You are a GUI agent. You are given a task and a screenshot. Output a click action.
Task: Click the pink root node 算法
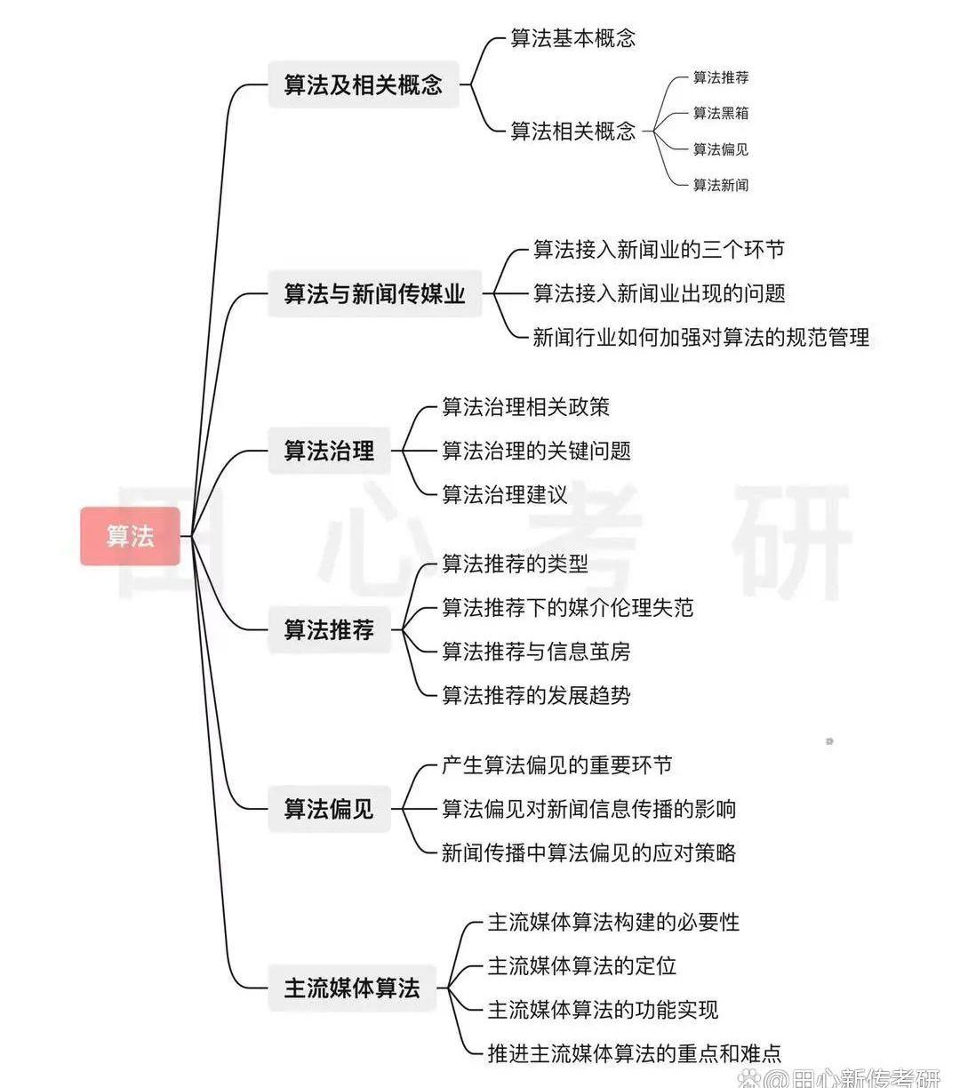point(130,536)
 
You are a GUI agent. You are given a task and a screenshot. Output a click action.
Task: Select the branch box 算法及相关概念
point(364,84)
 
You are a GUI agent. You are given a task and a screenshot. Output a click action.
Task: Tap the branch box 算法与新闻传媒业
point(375,293)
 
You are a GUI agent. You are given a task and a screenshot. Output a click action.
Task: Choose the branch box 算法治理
point(329,451)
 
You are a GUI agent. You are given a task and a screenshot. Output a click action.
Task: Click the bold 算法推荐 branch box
point(329,629)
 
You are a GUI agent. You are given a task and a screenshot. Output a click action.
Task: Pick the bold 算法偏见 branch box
point(329,809)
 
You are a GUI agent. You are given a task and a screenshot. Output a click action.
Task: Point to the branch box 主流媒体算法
point(352,988)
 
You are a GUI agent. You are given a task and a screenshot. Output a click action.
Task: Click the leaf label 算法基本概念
point(572,38)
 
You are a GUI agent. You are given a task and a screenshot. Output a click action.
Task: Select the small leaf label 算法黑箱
point(720,113)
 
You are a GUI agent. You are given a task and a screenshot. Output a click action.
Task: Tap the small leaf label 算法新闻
point(720,185)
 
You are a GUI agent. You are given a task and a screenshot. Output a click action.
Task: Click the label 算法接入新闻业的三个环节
point(659,250)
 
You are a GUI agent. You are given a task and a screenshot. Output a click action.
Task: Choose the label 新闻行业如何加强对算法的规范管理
point(700,337)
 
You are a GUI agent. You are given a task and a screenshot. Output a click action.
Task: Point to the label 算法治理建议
point(504,494)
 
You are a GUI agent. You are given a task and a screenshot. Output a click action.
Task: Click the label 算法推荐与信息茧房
point(536,652)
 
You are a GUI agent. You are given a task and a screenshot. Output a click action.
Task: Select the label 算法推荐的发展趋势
point(536,695)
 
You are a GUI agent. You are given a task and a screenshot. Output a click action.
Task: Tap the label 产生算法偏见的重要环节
point(557,764)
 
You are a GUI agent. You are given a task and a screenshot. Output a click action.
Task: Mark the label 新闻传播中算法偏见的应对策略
point(588,852)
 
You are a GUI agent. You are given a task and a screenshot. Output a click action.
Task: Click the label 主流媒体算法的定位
point(582,966)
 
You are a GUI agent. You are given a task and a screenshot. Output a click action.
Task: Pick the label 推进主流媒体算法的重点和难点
point(635,1053)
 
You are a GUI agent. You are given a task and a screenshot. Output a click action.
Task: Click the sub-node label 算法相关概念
point(572,131)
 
